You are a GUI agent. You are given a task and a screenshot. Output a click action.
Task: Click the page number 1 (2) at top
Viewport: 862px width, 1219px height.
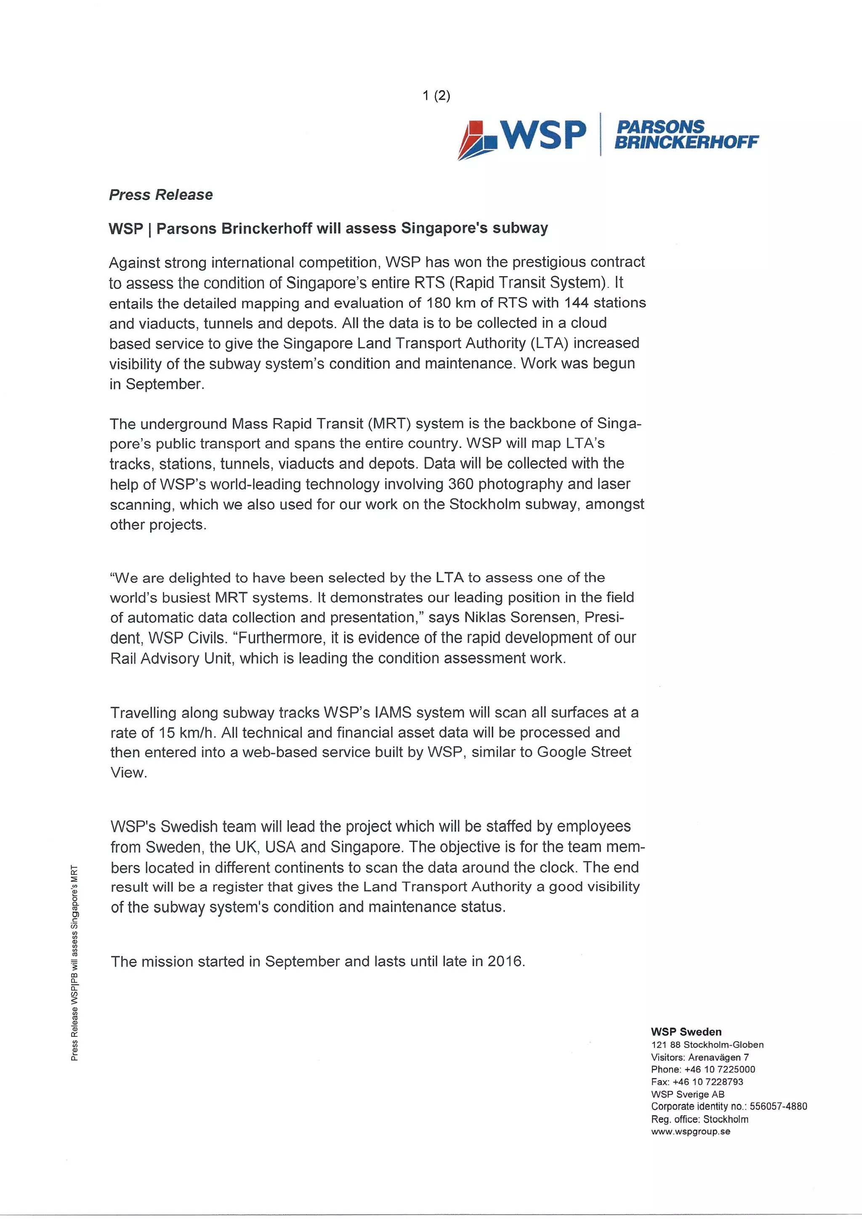(x=436, y=96)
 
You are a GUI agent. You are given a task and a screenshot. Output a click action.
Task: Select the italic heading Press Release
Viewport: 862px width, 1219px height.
(x=161, y=195)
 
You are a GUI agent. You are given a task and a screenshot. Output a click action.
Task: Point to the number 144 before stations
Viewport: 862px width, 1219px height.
(x=577, y=303)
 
